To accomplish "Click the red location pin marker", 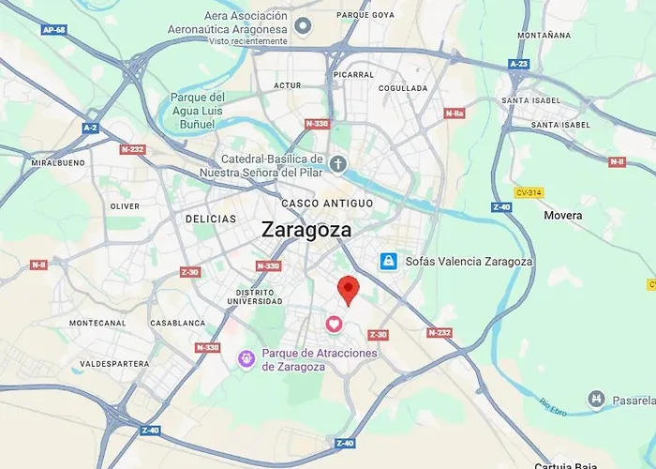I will click(349, 290).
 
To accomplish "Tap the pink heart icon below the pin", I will click(334, 324).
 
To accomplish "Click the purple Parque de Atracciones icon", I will click(246, 357).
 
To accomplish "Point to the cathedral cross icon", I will click(338, 165).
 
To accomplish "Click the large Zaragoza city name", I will click(306, 230).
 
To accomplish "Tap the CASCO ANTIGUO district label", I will click(327, 203).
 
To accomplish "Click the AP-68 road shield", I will click(53, 30).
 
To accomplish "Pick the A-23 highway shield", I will click(518, 64).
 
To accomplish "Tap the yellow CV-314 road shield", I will click(529, 192).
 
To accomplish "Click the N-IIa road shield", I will click(455, 113).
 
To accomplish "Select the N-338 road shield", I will click(317, 123).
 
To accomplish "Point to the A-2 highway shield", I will click(90, 128).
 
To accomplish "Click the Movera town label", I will click(562, 216).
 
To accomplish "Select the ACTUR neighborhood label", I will click(287, 85).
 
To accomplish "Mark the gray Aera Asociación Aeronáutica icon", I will click(302, 25).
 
